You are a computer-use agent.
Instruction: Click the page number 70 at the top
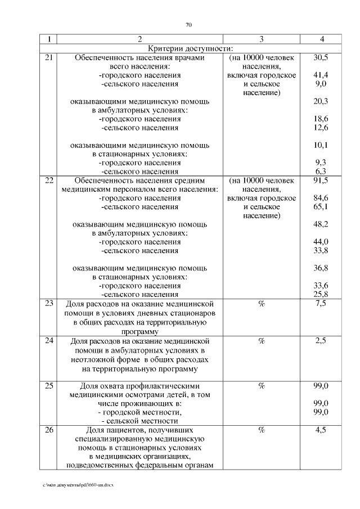coord(188,25)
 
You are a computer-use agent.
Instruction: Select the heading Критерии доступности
coord(190,48)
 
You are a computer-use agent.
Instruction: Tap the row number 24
coord(49,341)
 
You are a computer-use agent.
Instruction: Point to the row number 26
coord(49,430)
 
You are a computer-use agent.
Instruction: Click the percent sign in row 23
coord(262,304)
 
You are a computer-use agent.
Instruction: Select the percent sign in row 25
coord(262,385)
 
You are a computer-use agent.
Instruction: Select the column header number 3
coord(262,39)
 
